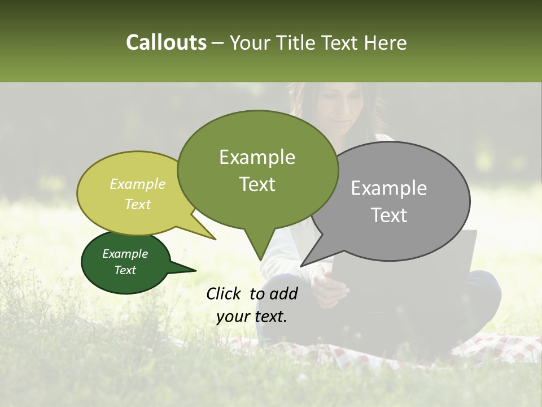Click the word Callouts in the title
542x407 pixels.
pyautogui.click(x=166, y=42)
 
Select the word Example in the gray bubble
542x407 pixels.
pyautogui.click(x=389, y=188)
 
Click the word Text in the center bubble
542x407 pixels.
pyautogui.click(x=257, y=184)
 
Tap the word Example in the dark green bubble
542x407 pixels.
pyautogui.click(x=125, y=254)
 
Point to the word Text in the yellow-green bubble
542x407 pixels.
pyautogui.click(x=138, y=204)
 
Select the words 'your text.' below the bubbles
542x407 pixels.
pyautogui.click(x=252, y=317)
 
